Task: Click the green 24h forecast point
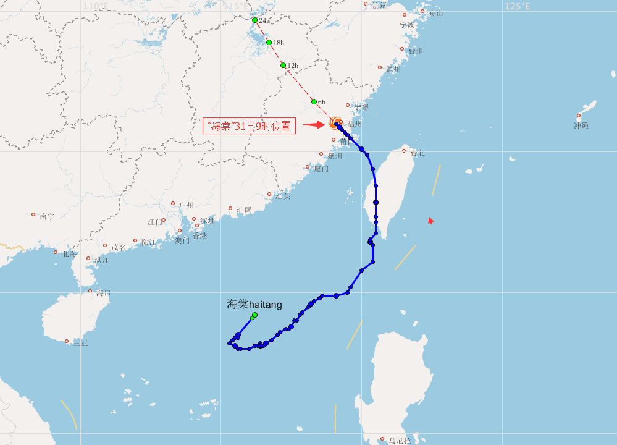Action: coord(254,20)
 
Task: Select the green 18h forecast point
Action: coord(269,42)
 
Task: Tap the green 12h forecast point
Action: coord(283,65)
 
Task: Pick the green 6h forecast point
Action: coord(314,101)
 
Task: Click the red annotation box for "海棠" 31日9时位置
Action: coord(250,126)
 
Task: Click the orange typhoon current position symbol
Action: coord(336,122)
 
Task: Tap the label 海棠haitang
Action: coord(254,304)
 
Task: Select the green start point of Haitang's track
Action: coord(254,315)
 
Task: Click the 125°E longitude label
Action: coord(517,6)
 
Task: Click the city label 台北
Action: coord(418,153)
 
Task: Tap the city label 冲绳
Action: coord(581,125)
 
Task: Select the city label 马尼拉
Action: coord(399,441)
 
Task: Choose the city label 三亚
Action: coord(80,343)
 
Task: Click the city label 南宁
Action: coord(46,216)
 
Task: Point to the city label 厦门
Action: coord(321,169)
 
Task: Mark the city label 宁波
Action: coord(407,25)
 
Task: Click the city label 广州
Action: coord(187,205)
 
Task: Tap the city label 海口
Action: coord(103,293)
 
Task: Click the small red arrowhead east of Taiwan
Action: coord(430,221)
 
